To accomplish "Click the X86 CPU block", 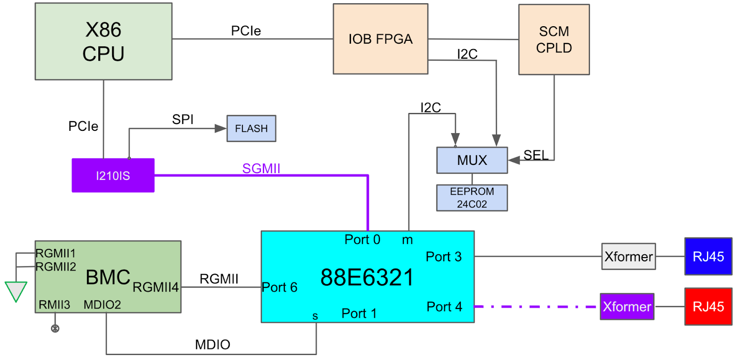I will (103, 41).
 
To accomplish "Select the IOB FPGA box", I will (380, 39).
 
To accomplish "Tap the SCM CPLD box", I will (554, 39).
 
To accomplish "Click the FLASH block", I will (251, 129).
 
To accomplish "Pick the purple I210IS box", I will (113, 175).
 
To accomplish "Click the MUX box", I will (472, 160).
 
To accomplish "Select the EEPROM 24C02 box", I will (472, 198).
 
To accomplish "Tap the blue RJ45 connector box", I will (708, 256).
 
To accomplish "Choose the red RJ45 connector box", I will (708, 306).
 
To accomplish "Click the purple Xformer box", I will (627, 306).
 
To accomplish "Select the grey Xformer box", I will (628, 256).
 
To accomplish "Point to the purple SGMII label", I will (261, 169).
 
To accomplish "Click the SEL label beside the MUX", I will (536, 155).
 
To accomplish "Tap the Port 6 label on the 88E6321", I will (280, 287).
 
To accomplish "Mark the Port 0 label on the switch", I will (362, 240).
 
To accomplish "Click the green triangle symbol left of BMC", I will (16, 291).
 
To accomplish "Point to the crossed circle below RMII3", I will (55, 328).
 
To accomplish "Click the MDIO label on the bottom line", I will (212, 344).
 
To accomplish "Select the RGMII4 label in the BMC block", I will (156, 287).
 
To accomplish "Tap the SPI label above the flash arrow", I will (182, 119).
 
